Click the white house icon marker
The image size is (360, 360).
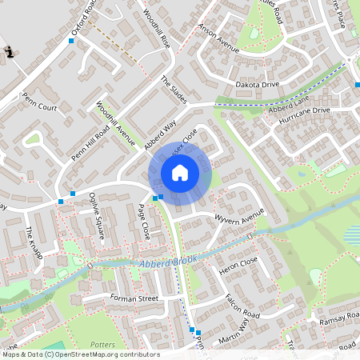[x=180, y=172]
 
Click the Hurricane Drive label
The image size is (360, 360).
[x=305, y=112]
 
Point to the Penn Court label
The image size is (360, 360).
[x=39, y=104]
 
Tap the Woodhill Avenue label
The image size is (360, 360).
[x=115, y=123]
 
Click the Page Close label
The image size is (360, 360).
[x=143, y=221]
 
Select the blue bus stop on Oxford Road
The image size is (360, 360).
[x=71, y=40]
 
